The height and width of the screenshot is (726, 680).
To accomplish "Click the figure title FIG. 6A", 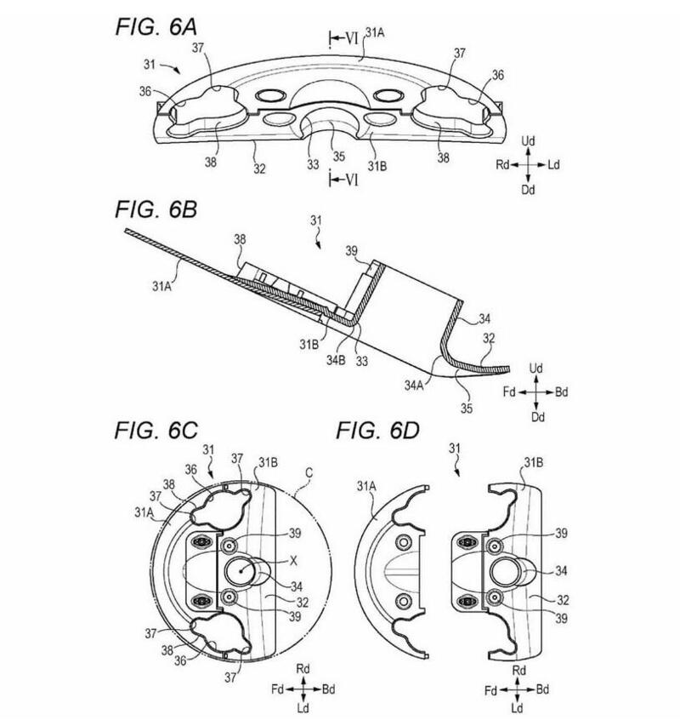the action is click(156, 27).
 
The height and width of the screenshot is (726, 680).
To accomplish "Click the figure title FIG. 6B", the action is click(156, 209).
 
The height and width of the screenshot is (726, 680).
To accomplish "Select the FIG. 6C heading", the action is click(156, 431).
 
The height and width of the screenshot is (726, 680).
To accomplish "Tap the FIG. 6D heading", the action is click(377, 431).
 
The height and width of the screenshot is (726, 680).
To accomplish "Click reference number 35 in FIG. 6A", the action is click(339, 156).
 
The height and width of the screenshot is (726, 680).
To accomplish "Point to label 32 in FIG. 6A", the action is click(259, 169).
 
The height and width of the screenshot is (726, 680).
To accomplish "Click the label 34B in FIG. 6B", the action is click(336, 360).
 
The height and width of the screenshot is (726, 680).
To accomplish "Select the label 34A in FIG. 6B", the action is click(414, 385).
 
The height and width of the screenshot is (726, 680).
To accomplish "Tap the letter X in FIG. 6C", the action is click(293, 561).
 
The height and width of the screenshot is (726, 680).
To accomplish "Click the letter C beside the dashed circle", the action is click(309, 472).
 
